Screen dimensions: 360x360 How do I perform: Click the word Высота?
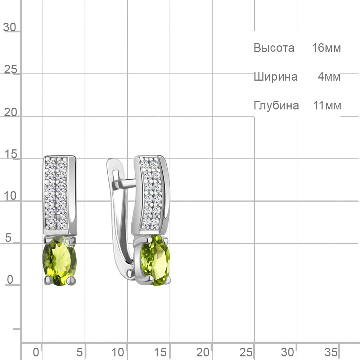274,48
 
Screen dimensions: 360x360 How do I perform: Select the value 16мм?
326,48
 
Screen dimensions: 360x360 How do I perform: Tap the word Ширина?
275,77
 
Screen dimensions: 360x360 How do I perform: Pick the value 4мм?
329,77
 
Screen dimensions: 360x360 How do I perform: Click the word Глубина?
276,105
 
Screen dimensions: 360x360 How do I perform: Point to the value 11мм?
327,105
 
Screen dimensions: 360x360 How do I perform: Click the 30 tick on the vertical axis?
10,27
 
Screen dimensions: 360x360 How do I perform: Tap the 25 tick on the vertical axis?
10,69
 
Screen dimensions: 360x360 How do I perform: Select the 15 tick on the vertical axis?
10,154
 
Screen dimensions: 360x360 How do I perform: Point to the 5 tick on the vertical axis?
8,238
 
